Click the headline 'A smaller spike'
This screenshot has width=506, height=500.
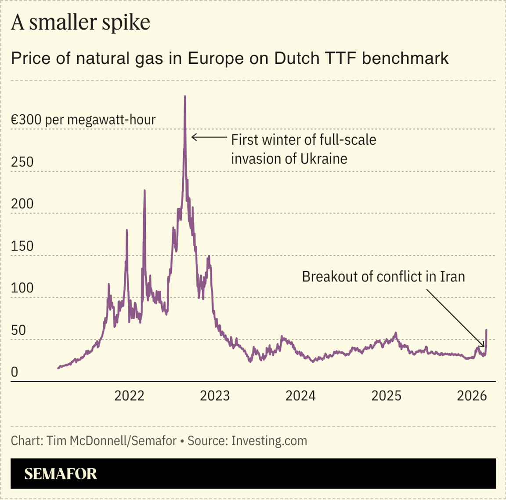click(80, 22)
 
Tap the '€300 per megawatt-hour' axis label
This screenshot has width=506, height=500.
click(83, 120)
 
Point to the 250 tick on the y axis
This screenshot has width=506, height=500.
click(22, 162)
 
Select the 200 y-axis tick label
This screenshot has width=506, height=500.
click(22, 204)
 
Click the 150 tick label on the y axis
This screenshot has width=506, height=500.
click(22, 246)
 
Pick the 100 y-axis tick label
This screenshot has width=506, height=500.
click(22, 288)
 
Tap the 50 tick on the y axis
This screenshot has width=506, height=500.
click(18, 330)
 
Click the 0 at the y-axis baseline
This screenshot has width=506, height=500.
click(14, 372)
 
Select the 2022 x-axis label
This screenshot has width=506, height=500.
click(129, 396)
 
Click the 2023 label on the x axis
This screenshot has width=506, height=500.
click(215, 396)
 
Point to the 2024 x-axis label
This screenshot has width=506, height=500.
click(300, 396)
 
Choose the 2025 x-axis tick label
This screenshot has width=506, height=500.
click(386, 396)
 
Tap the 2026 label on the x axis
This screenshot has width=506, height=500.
click(472, 396)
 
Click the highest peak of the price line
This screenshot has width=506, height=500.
click(184, 97)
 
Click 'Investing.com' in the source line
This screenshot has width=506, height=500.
click(269, 441)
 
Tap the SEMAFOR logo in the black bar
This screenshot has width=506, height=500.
click(61, 474)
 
